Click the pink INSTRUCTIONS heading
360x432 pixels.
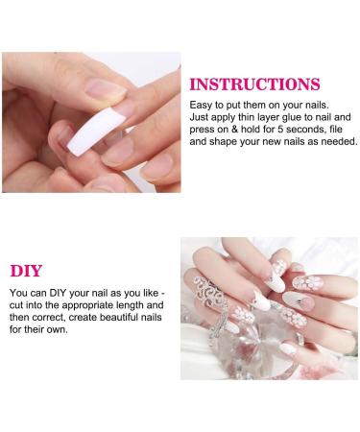pyautogui.click(x=254, y=84)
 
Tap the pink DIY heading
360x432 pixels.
pyautogui.click(x=26, y=271)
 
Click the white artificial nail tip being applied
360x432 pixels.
pyautogui.click(x=96, y=132)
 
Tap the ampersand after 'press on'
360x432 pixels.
pyautogui.click(x=234, y=130)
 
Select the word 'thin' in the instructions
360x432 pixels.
pyautogui.click(x=246, y=117)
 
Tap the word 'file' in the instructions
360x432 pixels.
pyautogui.click(x=336, y=130)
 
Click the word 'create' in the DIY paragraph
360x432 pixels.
pyautogui.click(x=81, y=318)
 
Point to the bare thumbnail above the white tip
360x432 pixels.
pyautogui.click(x=106, y=89)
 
